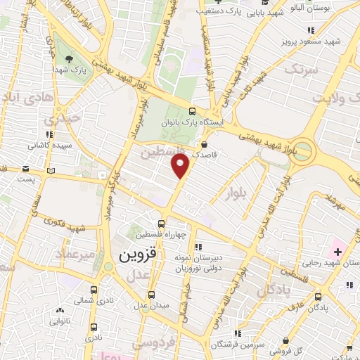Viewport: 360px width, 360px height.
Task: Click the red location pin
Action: tap(181, 166)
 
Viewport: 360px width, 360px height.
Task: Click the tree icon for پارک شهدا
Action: tap(68, 58)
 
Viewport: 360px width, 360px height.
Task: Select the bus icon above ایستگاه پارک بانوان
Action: tap(193, 111)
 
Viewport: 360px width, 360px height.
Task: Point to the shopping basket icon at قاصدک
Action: tap(203, 144)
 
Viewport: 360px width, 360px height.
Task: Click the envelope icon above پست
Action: tap(26, 169)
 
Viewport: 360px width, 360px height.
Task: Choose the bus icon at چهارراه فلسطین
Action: tap(162, 224)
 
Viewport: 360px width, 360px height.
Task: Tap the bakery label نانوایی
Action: tap(59, 321)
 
